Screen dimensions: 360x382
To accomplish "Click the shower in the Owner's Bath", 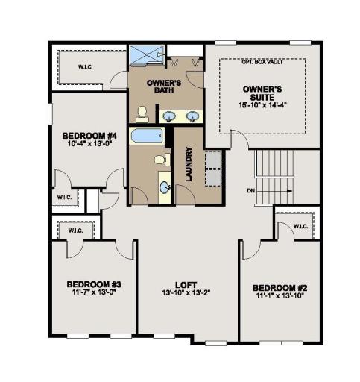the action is pyautogui.click(x=147, y=55).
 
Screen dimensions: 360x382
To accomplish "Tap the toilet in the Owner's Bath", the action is pyautogui.click(x=142, y=114).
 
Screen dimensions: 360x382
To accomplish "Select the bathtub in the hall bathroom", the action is pyautogui.click(x=147, y=136).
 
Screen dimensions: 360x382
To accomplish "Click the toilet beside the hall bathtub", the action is pyautogui.click(x=162, y=160).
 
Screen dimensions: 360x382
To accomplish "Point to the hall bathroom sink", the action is pyautogui.click(x=165, y=187).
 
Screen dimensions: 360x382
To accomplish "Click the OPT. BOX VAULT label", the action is pyautogui.click(x=262, y=62).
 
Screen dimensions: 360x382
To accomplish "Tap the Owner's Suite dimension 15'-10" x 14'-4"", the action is pyautogui.click(x=262, y=105).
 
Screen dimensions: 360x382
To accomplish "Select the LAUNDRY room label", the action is pyautogui.click(x=189, y=164).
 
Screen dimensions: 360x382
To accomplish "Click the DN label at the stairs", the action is pyautogui.click(x=251, y=191).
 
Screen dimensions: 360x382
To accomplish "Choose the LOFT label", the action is pyautogui.click(x=186, y=285).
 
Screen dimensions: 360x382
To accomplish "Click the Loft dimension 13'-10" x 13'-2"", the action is pyautogui.click(x=186, y=293).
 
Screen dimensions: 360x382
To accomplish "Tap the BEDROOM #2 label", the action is pyautogui.click(x=280, y=288).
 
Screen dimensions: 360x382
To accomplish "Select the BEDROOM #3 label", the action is pyautogui.click(x=94, y=284).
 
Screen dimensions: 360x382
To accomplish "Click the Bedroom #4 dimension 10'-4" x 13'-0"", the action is pyautogui.click(x=89, y=143).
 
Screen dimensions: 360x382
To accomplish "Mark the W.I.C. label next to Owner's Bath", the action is pyautogui.click(x=86, y=67).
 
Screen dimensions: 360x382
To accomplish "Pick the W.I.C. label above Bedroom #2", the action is pyautogui.click(x=300, y=227).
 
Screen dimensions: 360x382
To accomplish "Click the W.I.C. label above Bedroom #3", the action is pyautogui.click(x=75, y=231).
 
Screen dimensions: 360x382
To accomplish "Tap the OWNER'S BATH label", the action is pyautogui.click(x=164, y=87).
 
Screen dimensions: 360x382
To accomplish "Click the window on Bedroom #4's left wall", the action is pyautogui.click(x=50, y=114).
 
